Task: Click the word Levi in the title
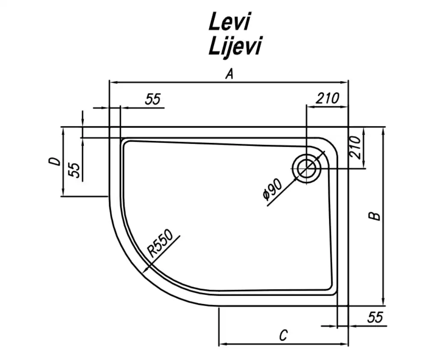229,21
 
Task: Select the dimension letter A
230,74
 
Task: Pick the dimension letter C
284,335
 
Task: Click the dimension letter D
54,161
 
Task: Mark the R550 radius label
160,243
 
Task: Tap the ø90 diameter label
272,189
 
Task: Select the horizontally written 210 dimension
327,98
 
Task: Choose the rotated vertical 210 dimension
355,147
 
